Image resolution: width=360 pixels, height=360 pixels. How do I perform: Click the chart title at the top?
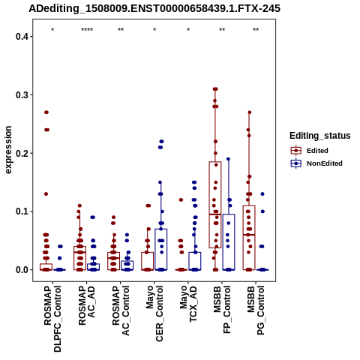[x=154, y=9]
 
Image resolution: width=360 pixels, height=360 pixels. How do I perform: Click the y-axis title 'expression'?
[x=8, y=150]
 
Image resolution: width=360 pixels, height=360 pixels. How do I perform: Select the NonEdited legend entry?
[x=316, y=163]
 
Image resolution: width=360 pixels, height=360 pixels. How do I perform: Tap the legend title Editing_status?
[x=320, y=136]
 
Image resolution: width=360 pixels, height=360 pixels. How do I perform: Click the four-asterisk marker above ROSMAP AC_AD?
[x=87, y=30]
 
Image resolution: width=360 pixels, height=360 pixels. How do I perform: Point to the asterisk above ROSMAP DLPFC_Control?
[x=52, y=30]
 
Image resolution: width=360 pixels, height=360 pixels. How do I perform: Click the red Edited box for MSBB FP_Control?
[x=215, y=205]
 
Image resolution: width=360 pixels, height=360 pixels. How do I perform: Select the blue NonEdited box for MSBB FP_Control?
[x=229, y=242]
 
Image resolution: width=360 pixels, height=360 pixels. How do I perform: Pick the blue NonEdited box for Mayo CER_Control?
[x=161, y=250]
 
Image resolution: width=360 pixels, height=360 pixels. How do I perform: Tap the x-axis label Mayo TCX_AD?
[x=188, y=304]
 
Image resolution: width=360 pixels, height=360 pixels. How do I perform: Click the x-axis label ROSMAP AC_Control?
[x=121, y=310]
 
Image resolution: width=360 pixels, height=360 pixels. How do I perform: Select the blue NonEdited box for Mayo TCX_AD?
[x=195, y=261]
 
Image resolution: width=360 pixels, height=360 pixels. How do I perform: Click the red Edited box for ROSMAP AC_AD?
[x=80, y=258]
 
